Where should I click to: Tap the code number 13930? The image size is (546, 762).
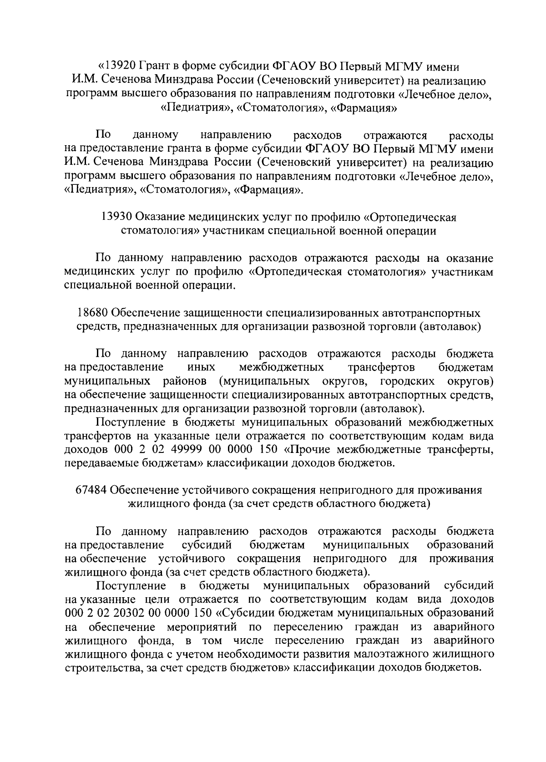(117, 217)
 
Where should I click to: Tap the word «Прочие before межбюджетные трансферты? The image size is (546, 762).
(309, 450)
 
